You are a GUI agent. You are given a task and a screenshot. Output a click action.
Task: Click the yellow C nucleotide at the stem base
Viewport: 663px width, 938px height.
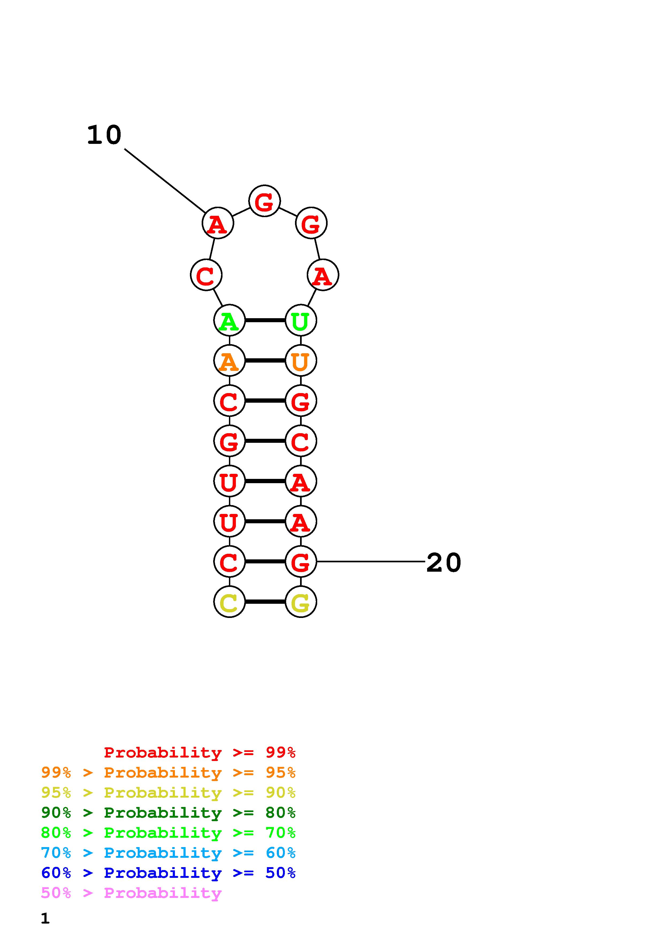coord(229,602)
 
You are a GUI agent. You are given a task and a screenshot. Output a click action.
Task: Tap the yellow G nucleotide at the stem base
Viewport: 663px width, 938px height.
coord(301,602)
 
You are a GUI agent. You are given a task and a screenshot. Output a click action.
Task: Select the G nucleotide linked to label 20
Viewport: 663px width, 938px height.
coord(301,562)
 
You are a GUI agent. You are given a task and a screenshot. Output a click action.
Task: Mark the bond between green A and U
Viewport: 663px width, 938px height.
coord(265,320)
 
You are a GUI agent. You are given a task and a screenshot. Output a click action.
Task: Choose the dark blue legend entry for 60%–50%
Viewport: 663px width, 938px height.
coord(168,873)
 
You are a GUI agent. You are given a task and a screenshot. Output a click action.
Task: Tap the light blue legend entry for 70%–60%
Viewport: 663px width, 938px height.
coord(168,853)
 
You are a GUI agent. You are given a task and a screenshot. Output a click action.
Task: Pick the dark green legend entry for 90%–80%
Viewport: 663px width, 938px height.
coord(168,813)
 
